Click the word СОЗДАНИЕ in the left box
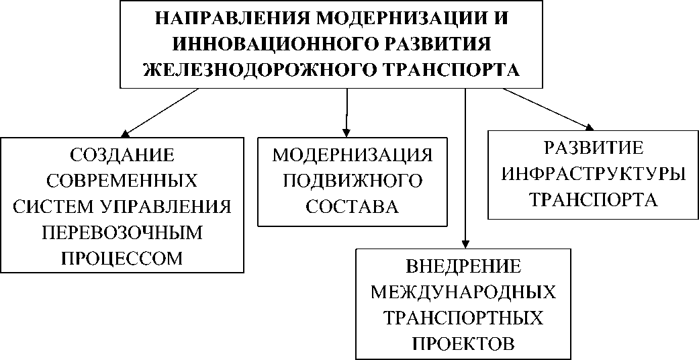pyautogui.click(x=122, y=155)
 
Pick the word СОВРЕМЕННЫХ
pyautogui.click(x=122, y=181)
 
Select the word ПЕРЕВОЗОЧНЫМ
pyautogui.click(x=122, y=232)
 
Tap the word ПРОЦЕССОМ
pyautogui.click(x=122, y=259)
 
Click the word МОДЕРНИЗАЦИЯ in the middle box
pyautogui.click(x=353, y=155)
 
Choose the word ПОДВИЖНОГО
pyautogui.click(x=353, y=181)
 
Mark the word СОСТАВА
pyautogui.click(x=353, y=207)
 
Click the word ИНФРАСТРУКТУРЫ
pyautogui.click(x=594, y=174)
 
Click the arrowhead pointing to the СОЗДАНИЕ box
pyautogui.click(x=126, y=134)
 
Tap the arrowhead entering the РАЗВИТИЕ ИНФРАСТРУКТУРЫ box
pyautogui.click(x=590, y=126)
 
